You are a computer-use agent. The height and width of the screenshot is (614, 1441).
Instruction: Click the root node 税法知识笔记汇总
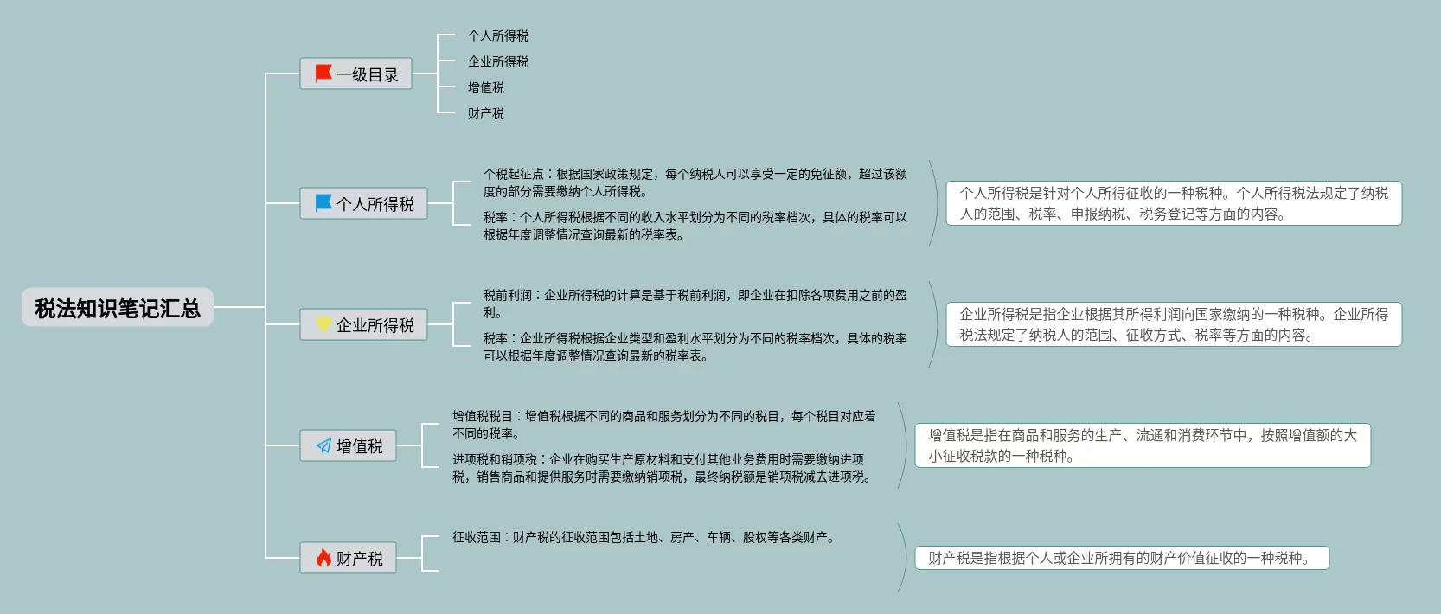(x=117, y=308)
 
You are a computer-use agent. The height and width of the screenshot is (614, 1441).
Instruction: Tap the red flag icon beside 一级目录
(x=323, y=74)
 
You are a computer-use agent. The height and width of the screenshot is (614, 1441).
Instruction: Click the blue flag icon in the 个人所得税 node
(x=323, y=203)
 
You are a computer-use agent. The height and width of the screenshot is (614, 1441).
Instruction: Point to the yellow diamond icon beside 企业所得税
(x=323, y=324)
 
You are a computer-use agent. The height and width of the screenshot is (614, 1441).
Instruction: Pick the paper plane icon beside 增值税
(x=323, y=446)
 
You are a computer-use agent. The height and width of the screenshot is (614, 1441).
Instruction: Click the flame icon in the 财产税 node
(x=323, y=558)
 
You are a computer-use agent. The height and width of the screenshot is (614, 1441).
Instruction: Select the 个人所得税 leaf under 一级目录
(x=497, y=35)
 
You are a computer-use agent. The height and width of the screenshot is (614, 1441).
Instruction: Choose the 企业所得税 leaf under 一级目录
(x=497, y=61)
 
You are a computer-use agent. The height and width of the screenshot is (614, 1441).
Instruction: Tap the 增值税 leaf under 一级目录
(x=485, y=87)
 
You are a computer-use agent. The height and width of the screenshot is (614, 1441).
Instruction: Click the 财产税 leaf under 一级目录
(x=485, y=113)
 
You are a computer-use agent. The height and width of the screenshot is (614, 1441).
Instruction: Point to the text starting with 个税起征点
(x=695, y=182)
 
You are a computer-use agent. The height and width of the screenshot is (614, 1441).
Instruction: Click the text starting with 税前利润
(x=695, y=304)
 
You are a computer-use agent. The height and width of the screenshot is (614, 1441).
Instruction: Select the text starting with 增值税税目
(x=663, y=425)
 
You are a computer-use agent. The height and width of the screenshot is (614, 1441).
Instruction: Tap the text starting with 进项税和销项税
(x=662, y=468)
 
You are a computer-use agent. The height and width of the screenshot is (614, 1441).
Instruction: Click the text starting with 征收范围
(x=644, y=537)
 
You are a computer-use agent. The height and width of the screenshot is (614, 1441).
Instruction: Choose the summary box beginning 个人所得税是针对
(x=1173, y=203)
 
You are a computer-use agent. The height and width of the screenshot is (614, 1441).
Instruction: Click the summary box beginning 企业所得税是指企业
(x=1173, y=324)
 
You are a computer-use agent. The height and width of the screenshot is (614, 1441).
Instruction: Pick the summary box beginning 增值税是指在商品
(x=1142, y=445)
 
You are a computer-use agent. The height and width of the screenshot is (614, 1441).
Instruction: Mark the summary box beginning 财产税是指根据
(x=1121, y=558)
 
